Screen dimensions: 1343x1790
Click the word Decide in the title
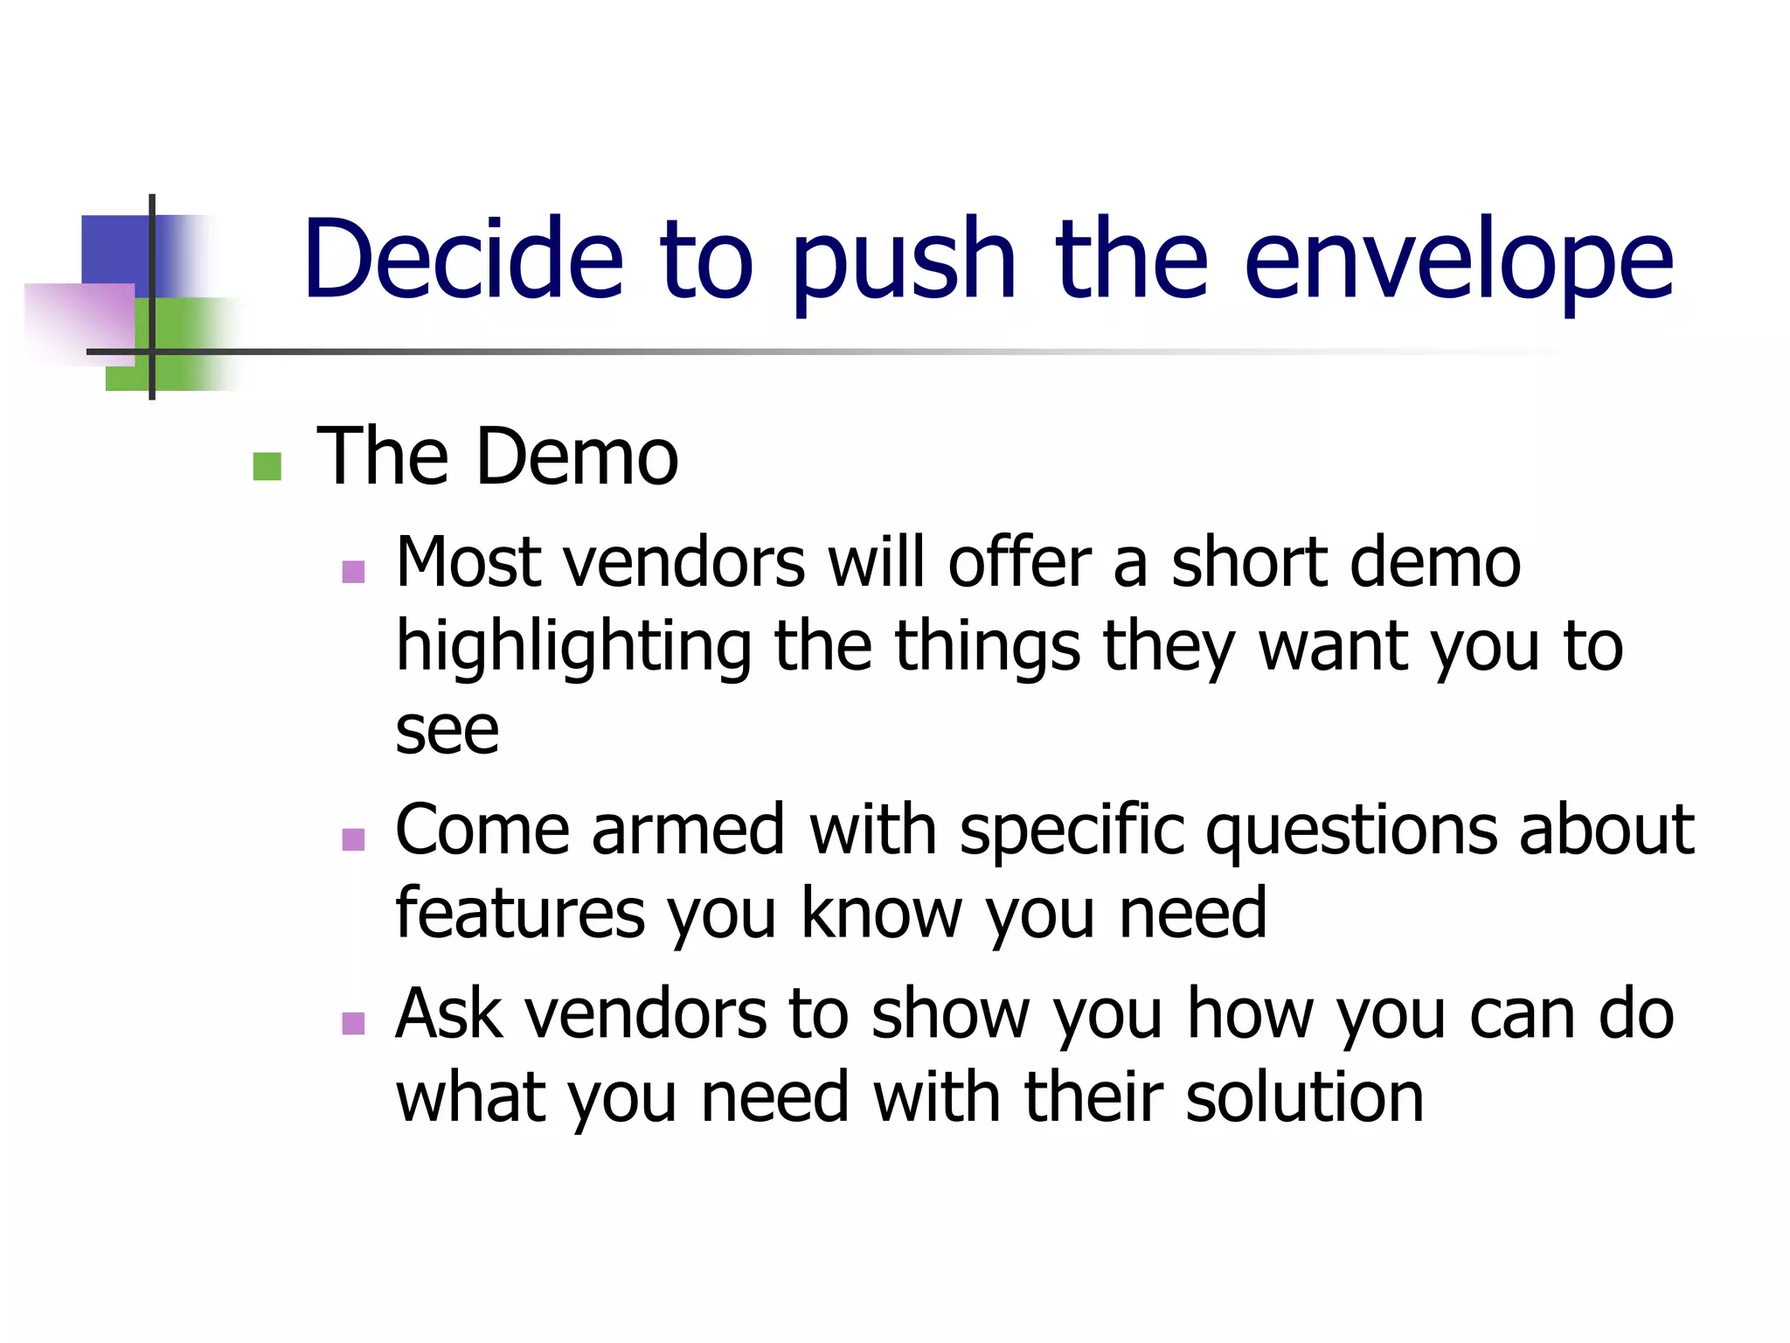tap(463, 261)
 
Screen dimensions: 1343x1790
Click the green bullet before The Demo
tap(267, 466)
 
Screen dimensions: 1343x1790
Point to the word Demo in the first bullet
tap(578, 456)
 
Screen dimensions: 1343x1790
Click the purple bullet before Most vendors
tap(353, 573)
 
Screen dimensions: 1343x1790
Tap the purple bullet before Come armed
tap(353, 839)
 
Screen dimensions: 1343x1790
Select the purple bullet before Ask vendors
tap(353, 1023)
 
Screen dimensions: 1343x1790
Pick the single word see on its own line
tap(447, 731)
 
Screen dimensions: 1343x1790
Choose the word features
tap(520, 913)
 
